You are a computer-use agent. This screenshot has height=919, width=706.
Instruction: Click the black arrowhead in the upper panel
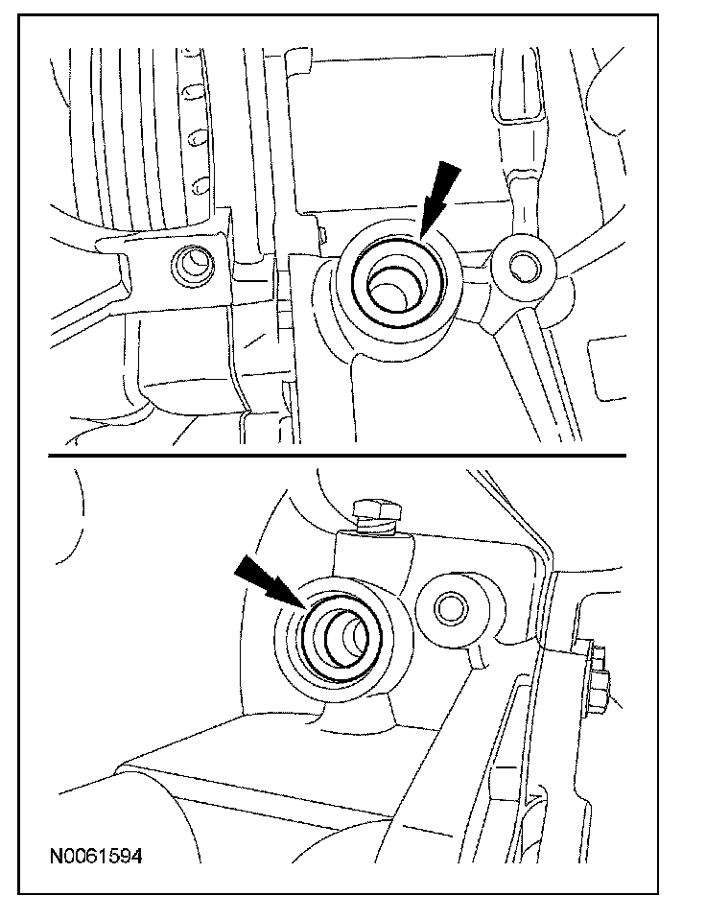coord(430,217)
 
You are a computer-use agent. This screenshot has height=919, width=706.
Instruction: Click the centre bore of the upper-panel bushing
coord(394,289)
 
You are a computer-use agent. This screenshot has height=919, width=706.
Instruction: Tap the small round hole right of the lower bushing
coord(449,605)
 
